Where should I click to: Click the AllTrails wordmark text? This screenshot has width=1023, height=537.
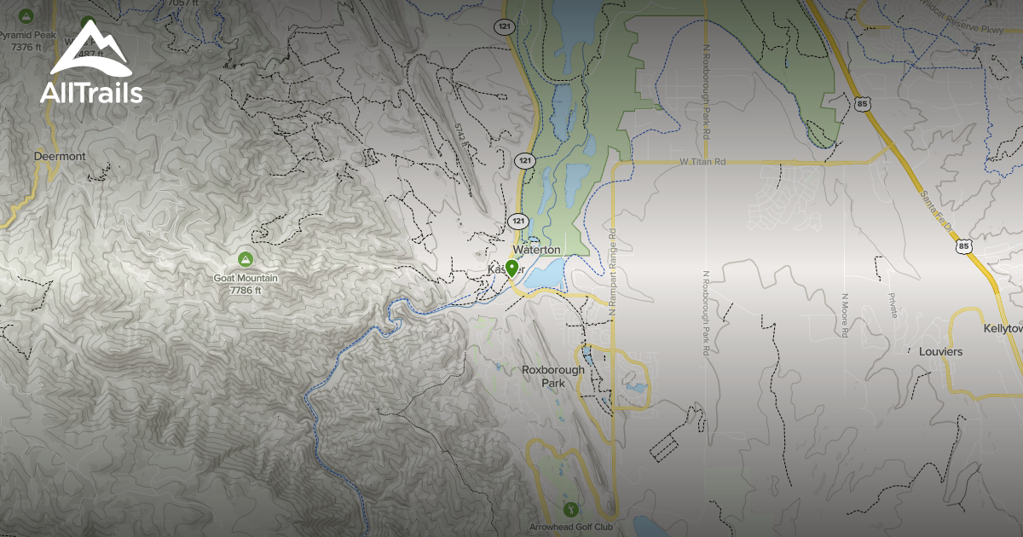pyautogui.click(x=91, y=92)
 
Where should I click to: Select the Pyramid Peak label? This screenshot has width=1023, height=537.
pyautogui.click(x=26, y=36)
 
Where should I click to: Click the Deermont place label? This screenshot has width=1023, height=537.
pyautogui.click(x=60, y=157)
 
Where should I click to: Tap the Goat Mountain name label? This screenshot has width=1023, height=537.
pyautogui.click(x=246, y=278)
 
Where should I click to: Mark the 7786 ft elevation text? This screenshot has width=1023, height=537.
pyautogui.click(x=246, y=290)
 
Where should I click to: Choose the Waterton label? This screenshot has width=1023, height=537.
pyautogui.click(x=537, y=250)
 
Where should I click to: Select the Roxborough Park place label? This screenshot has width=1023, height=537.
pyautogui.click(x=553, y=377)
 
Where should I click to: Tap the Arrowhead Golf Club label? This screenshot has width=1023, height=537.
pyautogui.click(x=570, y=527)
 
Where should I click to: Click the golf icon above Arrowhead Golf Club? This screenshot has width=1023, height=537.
pyautogui.click(x=570, y=510)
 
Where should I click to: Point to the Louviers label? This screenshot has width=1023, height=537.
pyautogui.click(x=939, y=351)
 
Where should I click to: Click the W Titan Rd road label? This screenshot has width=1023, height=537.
pyautogui.click(x=703, y=161)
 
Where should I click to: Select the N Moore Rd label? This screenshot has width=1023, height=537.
pyautogui.click(x=844, y=315)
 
